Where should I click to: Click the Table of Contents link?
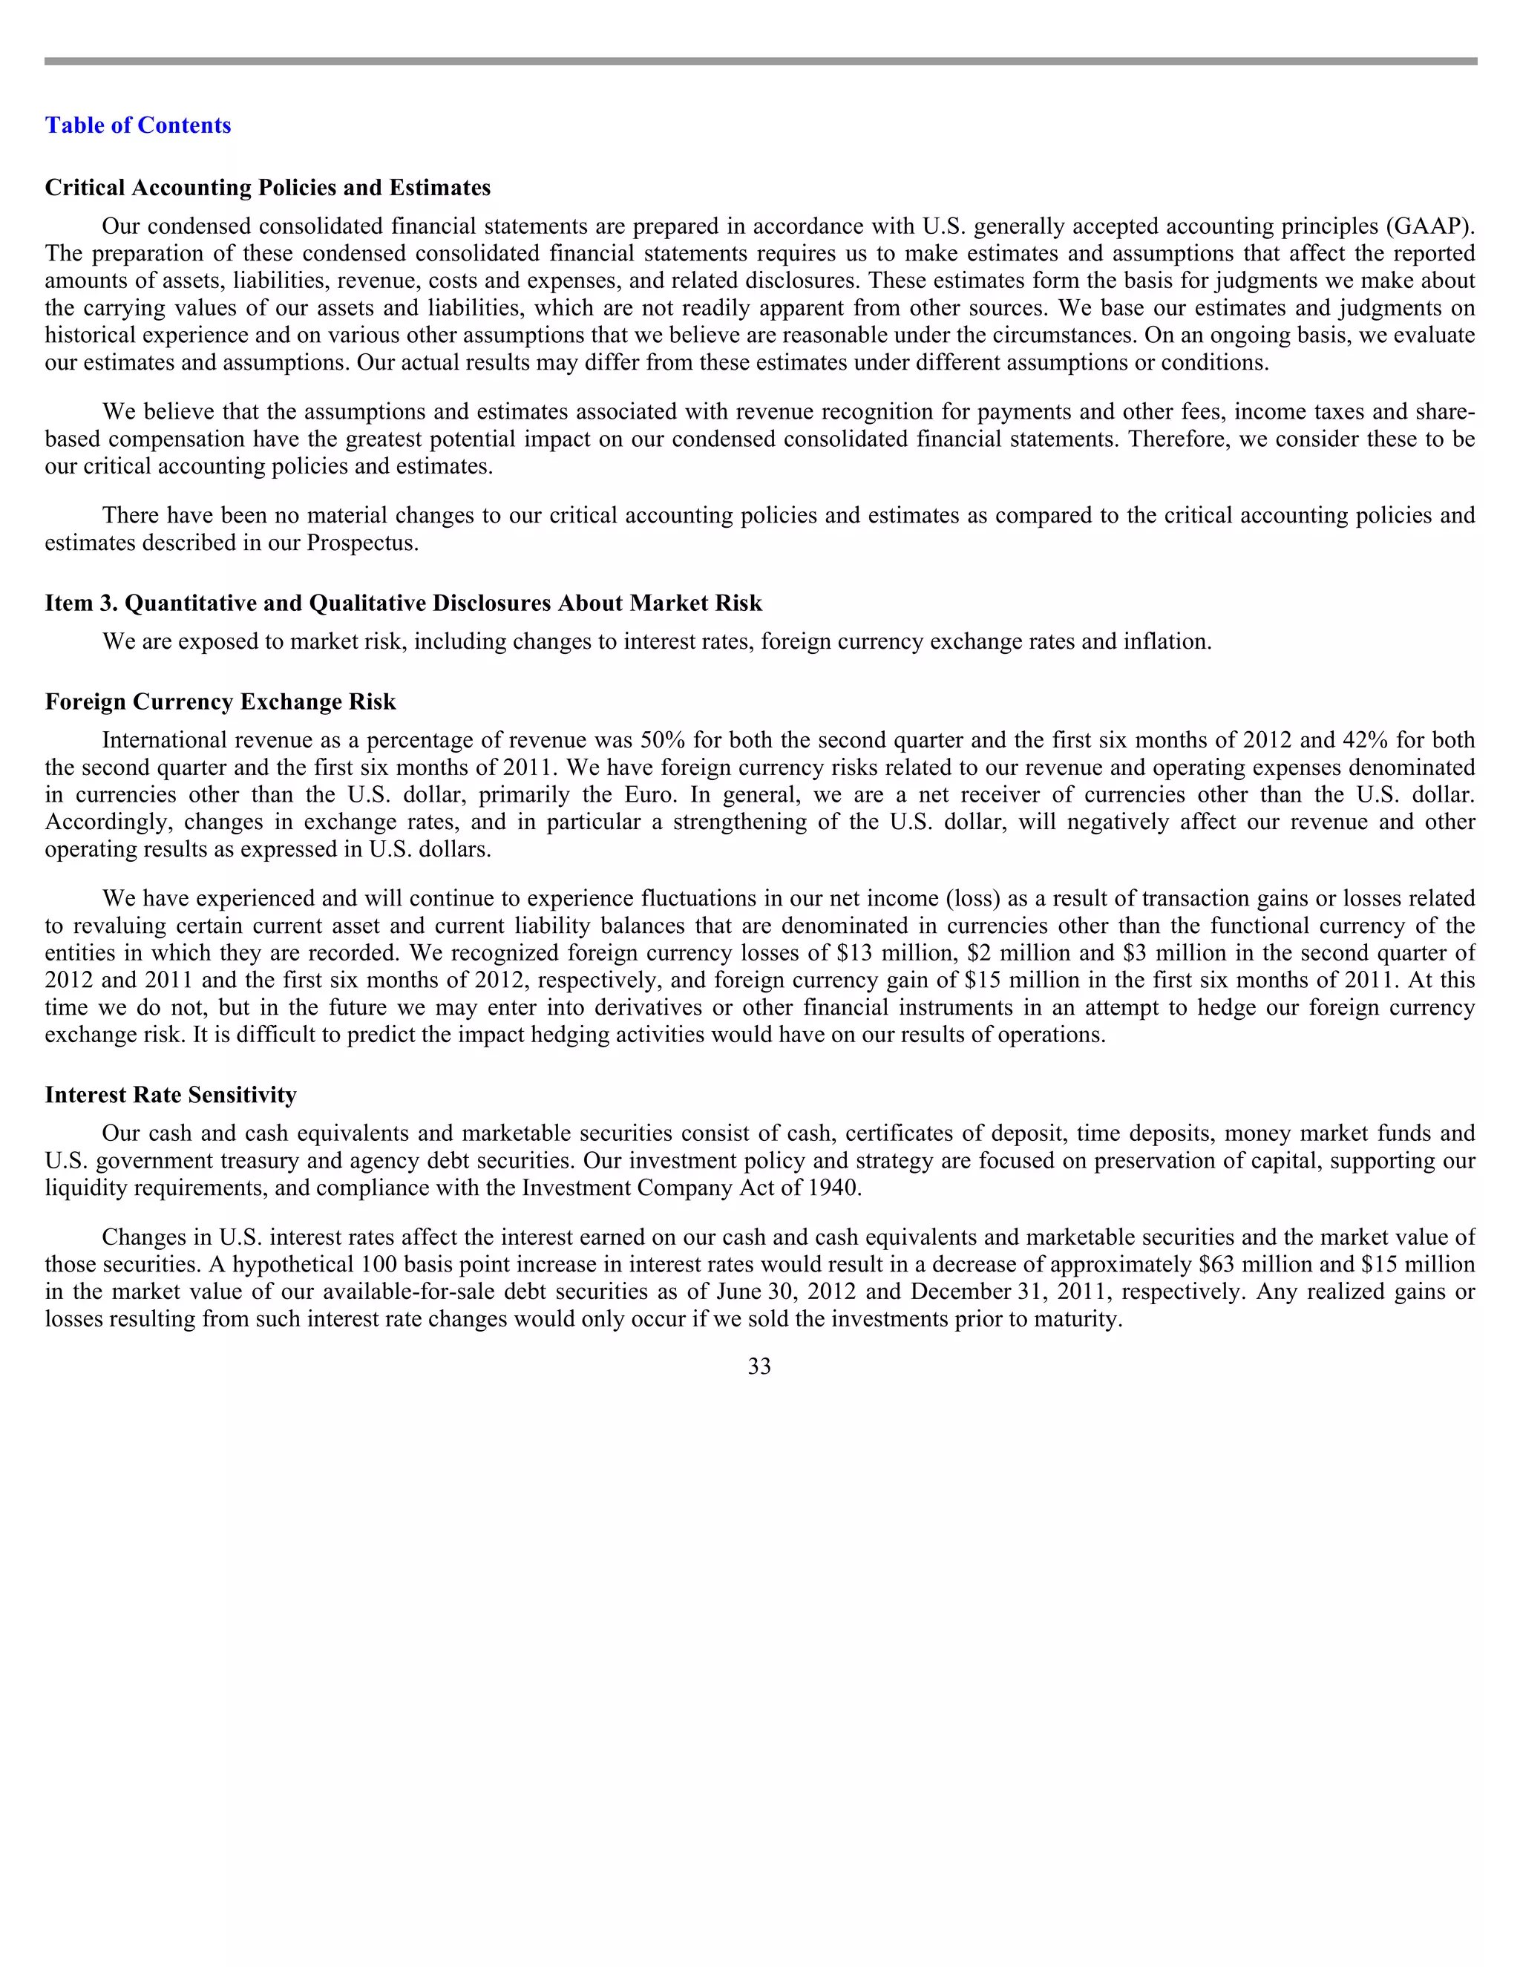tap(138, 125)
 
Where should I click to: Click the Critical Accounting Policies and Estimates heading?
tap(267, 187)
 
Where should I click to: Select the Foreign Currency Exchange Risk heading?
tap(220, 701)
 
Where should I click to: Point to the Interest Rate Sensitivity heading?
tap(170, 1094)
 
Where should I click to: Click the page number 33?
tap(759, 1367)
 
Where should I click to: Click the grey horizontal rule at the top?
tap(759, 62)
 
